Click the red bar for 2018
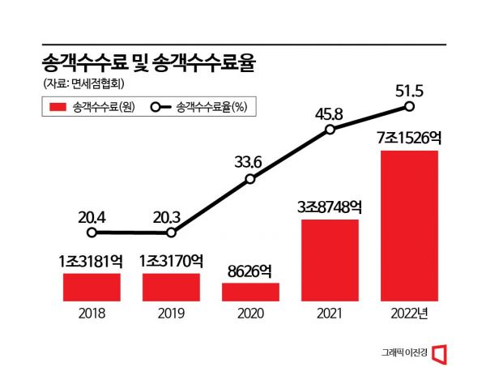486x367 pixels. click(92, 287)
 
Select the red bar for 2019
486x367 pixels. click(171, 287)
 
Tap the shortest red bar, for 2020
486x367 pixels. click(250, 292)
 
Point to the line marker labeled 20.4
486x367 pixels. click(92, 233)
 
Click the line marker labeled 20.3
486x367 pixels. click(171, 233)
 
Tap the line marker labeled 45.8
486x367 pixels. click(330, 130)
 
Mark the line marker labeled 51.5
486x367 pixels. click(409, 106)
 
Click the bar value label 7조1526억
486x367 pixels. click(409, 139)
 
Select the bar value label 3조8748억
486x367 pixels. click(330, 207)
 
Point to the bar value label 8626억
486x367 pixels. click(250, 271)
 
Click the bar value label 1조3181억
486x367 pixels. click(92, 261)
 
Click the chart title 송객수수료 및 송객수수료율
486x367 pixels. click(147, 63)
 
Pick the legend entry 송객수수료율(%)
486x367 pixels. click(198, 107)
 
